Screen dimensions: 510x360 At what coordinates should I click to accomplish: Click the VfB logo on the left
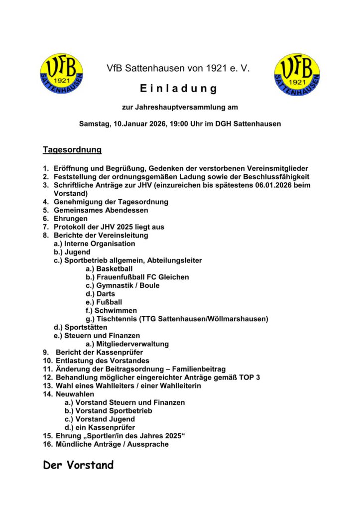pyautogui.click(x=61, y=75)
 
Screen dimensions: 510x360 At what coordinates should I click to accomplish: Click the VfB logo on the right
pyautogui.click(x=297, y=75)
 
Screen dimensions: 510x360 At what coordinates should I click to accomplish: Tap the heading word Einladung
pyautogui.click(x=179, y=89)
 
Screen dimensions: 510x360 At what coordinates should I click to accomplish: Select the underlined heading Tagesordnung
pyautogui.click(x=72, y=149)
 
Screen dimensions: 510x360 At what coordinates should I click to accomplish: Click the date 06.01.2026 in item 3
pyautogui.click(x=278, y=185)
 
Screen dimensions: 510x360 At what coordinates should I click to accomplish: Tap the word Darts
pyautogui.click(x=106, y=294)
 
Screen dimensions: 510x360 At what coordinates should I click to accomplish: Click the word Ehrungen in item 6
pyautogui.click(x=71, y=219)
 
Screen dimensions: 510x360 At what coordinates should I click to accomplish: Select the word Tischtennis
pyautogui.click(x=117, y=319)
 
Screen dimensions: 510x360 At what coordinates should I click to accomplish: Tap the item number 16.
pyautogui.click(x=47, y=444)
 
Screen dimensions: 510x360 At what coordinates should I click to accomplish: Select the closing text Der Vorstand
pyautogui.click(x=78, y=466)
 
